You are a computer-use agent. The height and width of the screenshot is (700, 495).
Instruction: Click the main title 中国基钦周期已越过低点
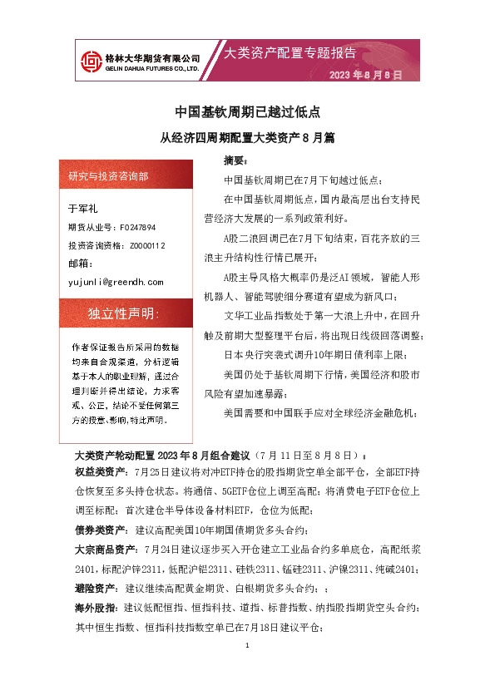pos(247,111)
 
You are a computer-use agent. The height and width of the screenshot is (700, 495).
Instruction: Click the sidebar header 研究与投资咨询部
pos(109,176)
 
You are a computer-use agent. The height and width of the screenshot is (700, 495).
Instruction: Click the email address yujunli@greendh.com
pos(116,283)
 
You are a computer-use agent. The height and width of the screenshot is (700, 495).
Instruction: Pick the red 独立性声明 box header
pos(122,313)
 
